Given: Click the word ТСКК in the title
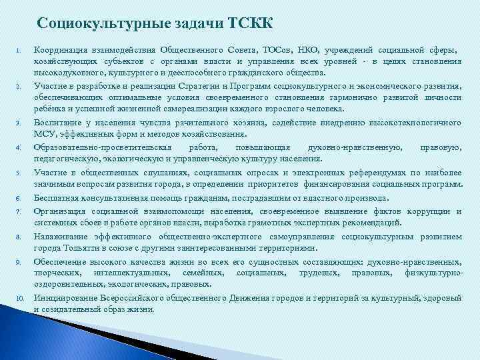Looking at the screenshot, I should pyautogui.click(x=250, y=24).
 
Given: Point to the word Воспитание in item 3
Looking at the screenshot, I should pyautogui.click(x=59, y=123).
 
